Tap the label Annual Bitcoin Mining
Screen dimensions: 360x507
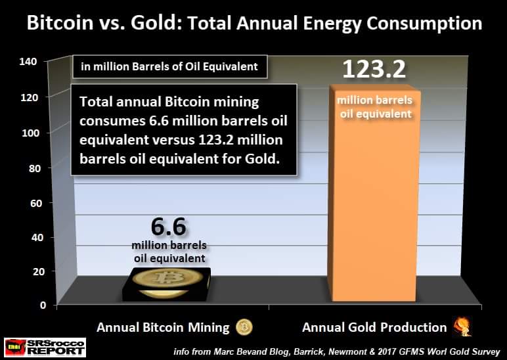point(164,327)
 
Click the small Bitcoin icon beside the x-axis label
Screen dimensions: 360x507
point(244,327)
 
